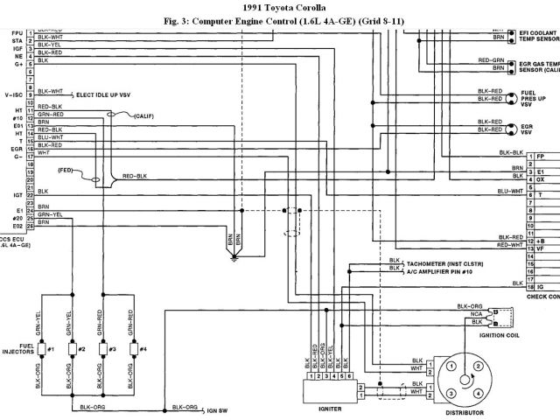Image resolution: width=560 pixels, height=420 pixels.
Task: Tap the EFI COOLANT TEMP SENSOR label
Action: [x=537, y=35]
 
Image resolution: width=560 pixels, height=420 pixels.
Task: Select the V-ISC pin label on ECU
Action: [x=12, y=92]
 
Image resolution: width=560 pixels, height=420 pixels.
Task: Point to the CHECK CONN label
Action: [x=542, y=297]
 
